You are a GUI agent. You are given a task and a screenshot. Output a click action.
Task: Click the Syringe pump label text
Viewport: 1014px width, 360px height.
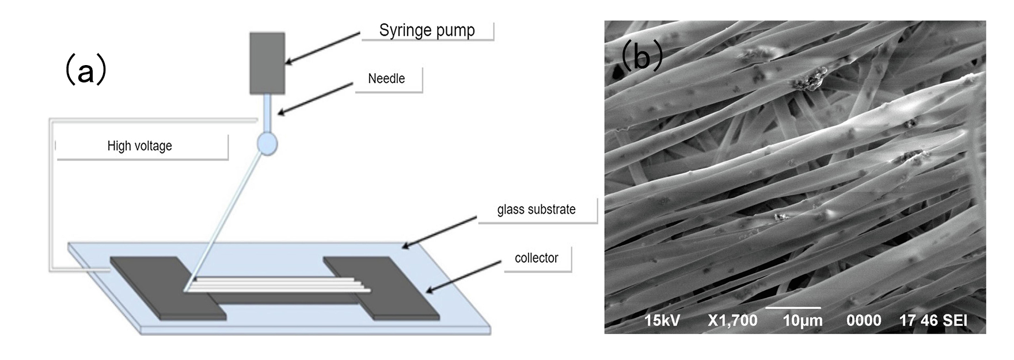427,30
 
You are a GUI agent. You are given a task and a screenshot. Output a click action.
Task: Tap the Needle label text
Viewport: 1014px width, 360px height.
386,78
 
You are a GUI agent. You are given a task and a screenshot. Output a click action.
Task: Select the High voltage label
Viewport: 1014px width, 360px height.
139,146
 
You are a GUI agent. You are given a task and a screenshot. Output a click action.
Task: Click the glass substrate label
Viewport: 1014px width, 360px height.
536,209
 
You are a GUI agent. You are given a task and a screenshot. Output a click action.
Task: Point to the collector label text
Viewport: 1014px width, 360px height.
536,257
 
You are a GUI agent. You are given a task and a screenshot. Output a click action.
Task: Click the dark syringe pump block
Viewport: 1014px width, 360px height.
267,63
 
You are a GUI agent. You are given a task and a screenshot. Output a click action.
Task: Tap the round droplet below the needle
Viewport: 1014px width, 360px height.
267,144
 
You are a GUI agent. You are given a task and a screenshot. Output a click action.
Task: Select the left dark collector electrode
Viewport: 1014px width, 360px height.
167,288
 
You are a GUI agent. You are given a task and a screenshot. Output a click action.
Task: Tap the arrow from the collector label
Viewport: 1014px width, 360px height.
464,277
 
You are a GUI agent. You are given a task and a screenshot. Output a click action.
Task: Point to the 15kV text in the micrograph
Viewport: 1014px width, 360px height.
662,320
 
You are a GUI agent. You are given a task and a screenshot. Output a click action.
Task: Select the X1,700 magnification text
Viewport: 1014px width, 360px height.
732,320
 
